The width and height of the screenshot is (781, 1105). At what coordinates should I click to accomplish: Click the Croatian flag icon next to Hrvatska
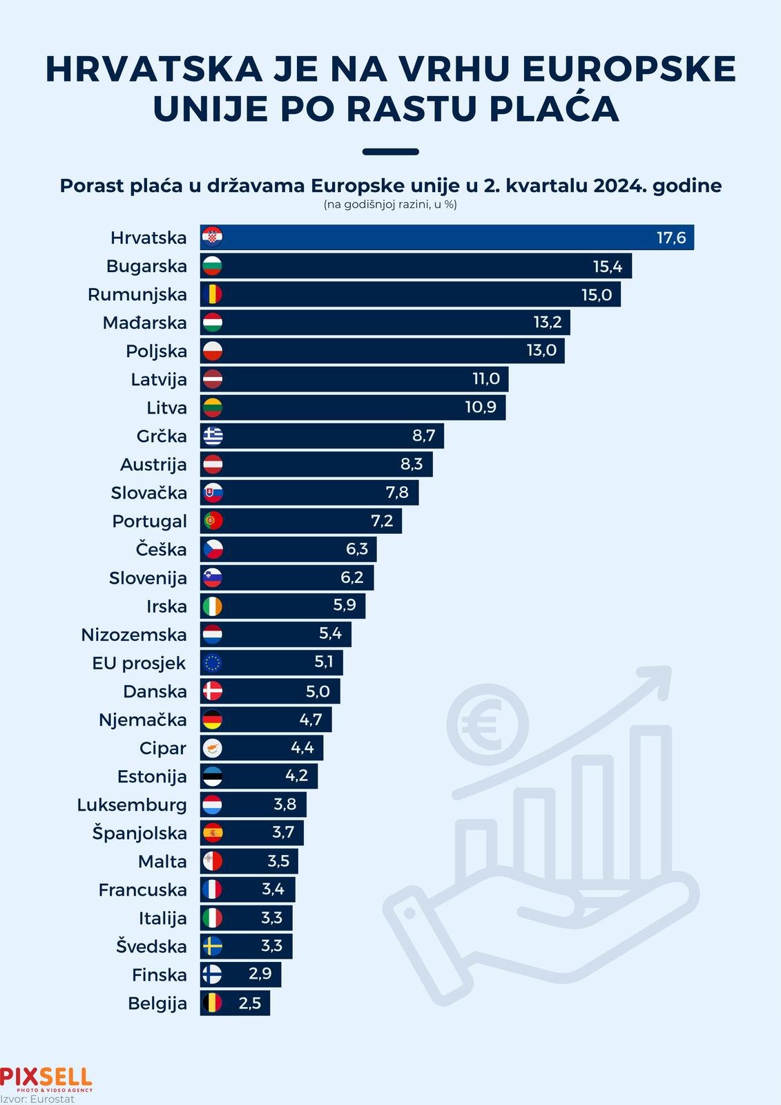[x=212, y=238]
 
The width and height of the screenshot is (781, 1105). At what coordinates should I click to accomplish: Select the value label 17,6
[x=671, y=238]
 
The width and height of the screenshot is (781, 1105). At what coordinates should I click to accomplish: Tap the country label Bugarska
[x=146, y=267]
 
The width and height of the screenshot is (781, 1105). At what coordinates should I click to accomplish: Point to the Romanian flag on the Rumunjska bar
[x=212, y=295]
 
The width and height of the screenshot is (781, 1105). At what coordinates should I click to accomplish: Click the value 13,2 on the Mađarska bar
[x=548, y=323]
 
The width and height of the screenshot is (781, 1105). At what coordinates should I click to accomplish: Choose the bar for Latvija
[x=354, y=379]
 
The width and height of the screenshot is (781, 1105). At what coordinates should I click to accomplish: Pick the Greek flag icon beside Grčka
[x=213, y=436]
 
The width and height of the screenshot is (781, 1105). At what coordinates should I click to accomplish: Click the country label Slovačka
[x=148, y=493]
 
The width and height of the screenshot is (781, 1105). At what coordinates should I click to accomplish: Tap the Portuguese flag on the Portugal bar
[x=213, y=521]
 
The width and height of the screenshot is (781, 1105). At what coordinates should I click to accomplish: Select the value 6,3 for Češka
[x=357, y=549]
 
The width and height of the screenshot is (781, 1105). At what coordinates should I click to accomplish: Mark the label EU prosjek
[x=139, y=664]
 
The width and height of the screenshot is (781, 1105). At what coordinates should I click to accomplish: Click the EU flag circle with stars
[x=213, y=663]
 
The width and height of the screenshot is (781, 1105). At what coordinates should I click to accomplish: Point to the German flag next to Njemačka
[x=213, y=720]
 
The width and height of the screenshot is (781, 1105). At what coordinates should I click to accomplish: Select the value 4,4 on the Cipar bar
[x=302, y=748]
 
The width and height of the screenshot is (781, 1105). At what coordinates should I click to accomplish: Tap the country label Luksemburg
[x=132, y=805]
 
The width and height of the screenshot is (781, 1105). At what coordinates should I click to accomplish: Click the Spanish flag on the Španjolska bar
[x=213, y=833]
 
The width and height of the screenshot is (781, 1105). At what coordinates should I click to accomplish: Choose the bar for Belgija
[x=235, y=1003]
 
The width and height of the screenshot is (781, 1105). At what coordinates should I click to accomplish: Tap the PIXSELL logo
[x=46, y=1078]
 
